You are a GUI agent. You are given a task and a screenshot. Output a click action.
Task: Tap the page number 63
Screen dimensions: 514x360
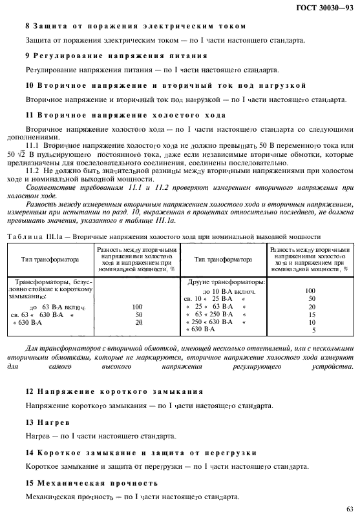[x=349, y=508]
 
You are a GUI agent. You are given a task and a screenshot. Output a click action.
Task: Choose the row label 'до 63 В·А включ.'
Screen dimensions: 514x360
[x=58, y=306]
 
